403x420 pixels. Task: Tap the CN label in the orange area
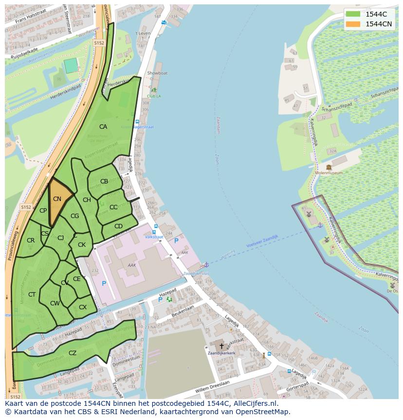(x=57, y=199)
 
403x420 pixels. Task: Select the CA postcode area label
(x=103, y=127)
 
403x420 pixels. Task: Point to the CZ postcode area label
(x=73, y=353)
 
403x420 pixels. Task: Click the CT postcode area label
(x=32, y=295)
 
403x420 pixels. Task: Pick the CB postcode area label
(x=104, y=181)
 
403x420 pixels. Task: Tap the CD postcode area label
(x=118, y=226)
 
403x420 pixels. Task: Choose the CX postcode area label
(x=83, y=307)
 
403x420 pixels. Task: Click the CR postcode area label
(x=31, y=240)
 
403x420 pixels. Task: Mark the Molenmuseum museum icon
(x=329, y=167)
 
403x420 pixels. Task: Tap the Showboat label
(x=157, y=73)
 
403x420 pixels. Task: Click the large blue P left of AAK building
(x=104, y=283)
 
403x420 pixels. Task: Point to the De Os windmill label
(x=392, y=291)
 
